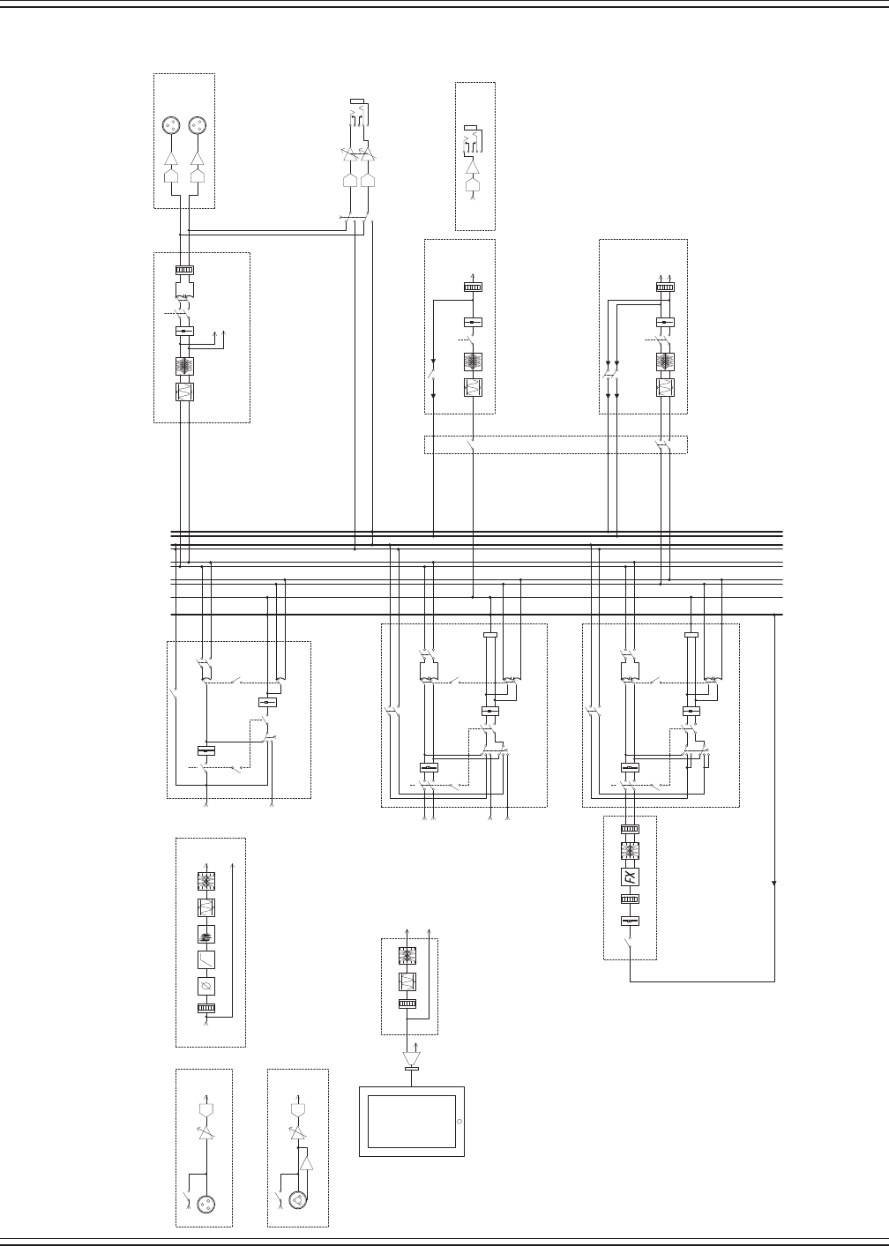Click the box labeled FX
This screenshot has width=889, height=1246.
630,877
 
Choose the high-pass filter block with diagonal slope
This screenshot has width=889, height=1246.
205,959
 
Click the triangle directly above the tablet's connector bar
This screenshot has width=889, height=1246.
411,1057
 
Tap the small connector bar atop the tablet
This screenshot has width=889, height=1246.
411,1070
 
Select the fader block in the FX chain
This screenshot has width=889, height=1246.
630,921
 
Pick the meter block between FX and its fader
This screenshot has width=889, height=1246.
630,899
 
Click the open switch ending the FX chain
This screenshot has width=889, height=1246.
630,945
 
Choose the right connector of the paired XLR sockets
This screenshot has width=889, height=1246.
198,125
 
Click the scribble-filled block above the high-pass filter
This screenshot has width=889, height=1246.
205,934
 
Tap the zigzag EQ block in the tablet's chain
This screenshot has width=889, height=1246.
407,981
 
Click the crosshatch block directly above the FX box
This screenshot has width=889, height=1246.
630,851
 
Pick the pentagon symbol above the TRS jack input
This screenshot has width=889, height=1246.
298,1108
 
